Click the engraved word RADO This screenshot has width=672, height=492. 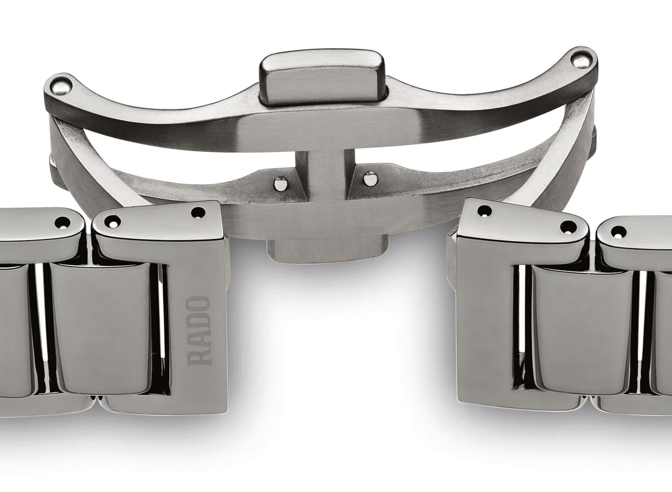[198, 331]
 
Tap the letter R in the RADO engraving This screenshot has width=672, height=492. [198, 357]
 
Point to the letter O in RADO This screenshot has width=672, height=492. [198, 304]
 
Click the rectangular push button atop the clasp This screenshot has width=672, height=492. [322, 77]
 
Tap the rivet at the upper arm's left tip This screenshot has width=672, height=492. [60, 88]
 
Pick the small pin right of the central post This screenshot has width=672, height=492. [370, 179]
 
